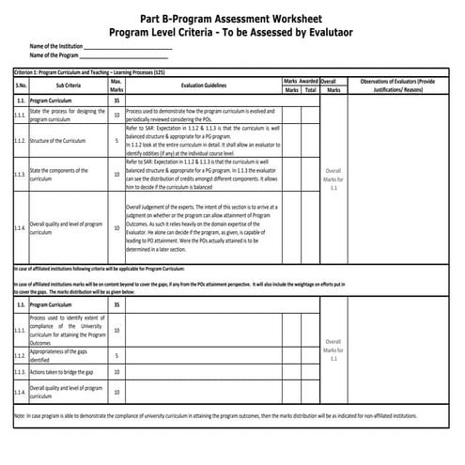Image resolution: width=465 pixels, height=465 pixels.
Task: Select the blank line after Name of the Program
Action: click(121, 54)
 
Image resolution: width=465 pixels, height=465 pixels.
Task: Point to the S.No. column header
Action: click(20, 85)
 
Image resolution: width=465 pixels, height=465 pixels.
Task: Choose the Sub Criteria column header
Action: click(69, 85)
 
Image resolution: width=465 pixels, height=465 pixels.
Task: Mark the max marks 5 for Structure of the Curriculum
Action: click(116, 141)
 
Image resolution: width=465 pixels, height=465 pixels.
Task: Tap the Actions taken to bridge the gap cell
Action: click(62, 373)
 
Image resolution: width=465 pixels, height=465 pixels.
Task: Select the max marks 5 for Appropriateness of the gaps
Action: click(116, 356)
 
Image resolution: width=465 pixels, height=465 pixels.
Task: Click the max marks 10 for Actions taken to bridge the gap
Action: click(116, 373)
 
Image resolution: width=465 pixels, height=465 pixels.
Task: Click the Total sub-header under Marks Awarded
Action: click(309, 90)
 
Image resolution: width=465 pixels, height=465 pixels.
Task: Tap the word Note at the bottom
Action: click(20, 414)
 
